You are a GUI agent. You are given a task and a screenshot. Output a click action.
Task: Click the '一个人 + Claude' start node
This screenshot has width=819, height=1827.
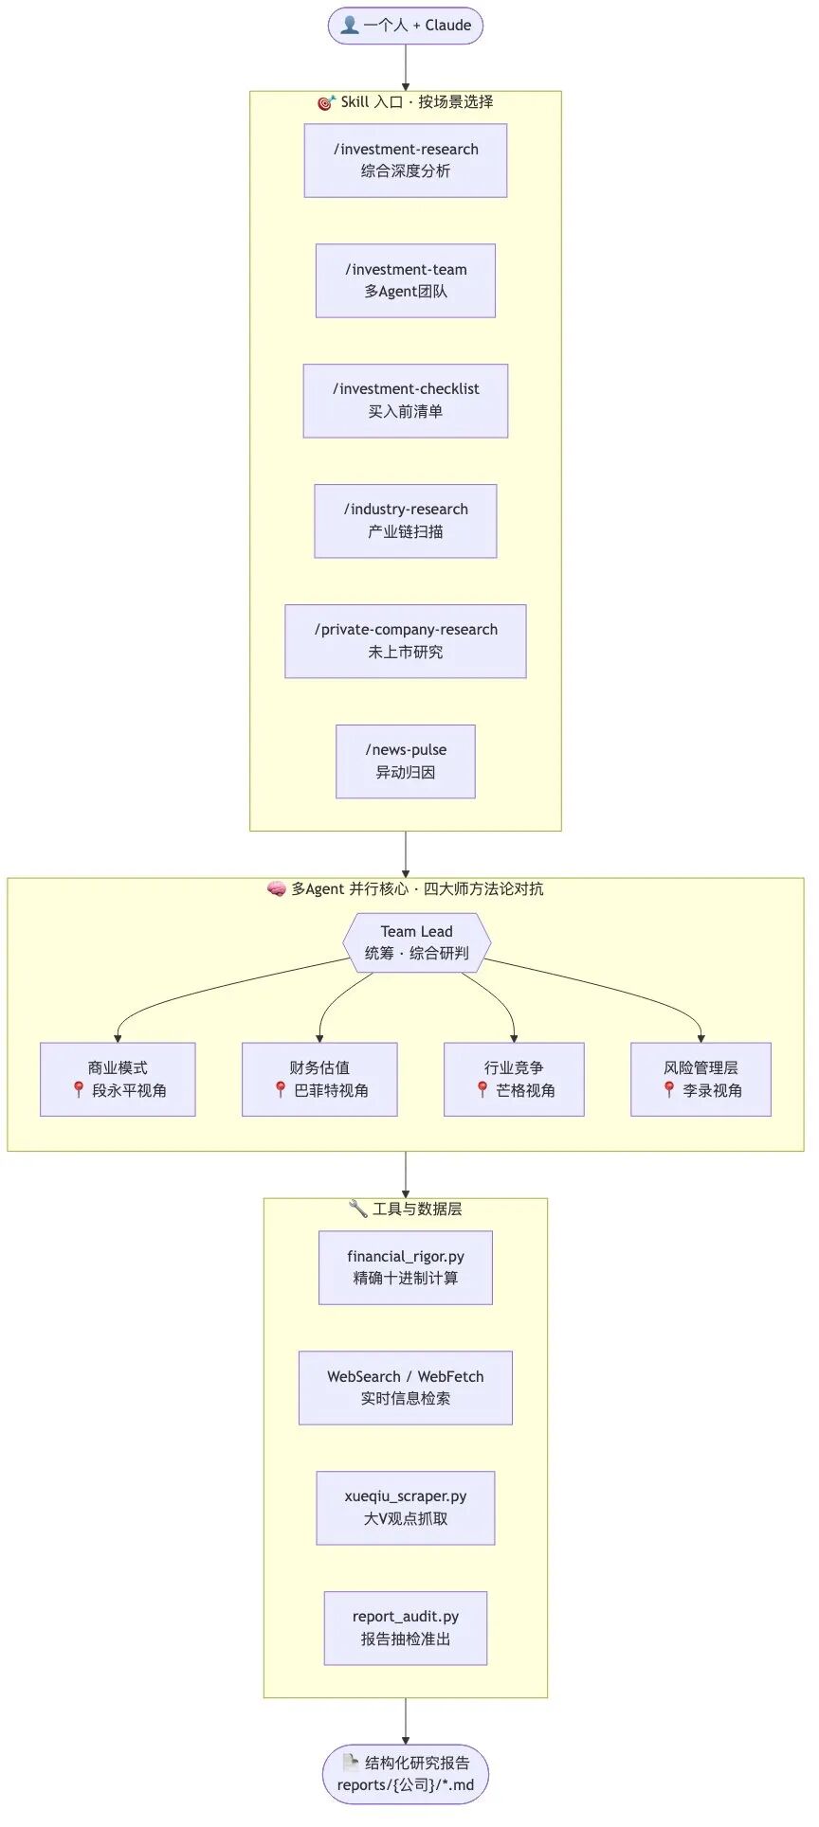406,26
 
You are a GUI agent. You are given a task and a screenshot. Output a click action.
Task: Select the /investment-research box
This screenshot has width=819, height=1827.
406,160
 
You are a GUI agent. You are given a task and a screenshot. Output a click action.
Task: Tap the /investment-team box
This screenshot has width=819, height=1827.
406,280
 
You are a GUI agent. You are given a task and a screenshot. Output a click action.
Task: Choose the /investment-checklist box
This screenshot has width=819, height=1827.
406,401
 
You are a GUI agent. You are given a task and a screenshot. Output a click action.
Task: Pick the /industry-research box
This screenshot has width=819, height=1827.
406,521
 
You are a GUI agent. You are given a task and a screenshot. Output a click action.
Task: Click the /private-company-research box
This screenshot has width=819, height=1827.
406,641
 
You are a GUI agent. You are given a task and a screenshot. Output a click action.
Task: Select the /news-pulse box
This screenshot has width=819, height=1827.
406,761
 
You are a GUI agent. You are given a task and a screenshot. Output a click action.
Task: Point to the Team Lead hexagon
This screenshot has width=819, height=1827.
417,942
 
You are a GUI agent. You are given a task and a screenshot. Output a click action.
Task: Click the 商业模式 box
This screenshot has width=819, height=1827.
118,1080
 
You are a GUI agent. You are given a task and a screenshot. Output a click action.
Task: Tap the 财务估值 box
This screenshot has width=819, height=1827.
319,1080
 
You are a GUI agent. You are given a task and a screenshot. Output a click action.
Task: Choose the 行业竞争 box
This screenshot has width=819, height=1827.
514,1080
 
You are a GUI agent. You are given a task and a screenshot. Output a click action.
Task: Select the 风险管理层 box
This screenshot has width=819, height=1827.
701,1080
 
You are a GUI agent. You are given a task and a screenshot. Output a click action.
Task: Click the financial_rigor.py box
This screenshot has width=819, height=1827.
406,1267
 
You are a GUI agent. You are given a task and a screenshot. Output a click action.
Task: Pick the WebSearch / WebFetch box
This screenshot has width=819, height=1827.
406,1388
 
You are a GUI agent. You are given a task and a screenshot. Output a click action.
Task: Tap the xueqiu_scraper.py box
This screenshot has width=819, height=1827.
406,1508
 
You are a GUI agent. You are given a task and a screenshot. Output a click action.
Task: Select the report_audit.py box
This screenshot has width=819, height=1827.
406,1628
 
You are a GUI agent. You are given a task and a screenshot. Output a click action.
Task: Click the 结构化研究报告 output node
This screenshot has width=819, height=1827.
406,1774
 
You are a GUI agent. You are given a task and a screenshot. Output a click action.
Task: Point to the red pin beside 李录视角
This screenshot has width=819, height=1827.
669,1090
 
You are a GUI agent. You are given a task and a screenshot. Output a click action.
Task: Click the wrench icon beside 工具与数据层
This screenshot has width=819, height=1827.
358,1208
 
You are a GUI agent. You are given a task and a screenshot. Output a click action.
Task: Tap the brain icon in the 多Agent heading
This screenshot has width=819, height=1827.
277,889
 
